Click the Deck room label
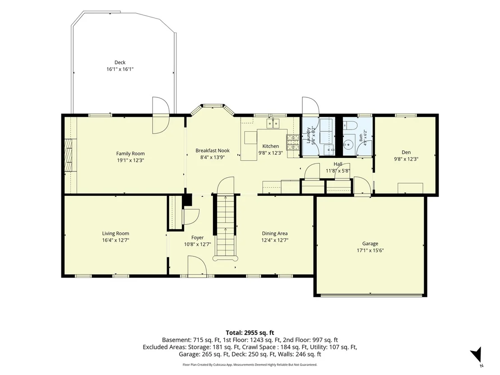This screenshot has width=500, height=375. (120, 62)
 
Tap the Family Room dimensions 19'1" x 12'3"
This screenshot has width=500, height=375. (130, 160)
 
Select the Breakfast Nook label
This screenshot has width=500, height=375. (213, 151)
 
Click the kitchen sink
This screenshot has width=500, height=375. (273, 123)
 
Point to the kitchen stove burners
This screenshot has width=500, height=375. (293, 142)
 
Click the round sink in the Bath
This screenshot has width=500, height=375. (349, 144)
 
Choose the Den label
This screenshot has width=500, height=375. (406, 153)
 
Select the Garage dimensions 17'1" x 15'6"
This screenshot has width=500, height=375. (370, 250)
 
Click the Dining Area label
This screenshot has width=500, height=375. (274, 233)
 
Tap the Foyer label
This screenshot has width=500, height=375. (197, 237)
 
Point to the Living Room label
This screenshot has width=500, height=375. (116, 233)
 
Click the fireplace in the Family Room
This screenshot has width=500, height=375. (69, 155)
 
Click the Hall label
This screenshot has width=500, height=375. (338, 164)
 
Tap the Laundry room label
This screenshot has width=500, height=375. (308, 135)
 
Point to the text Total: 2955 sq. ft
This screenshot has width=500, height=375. (250, 333)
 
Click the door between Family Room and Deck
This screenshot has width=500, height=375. (160, 115)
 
